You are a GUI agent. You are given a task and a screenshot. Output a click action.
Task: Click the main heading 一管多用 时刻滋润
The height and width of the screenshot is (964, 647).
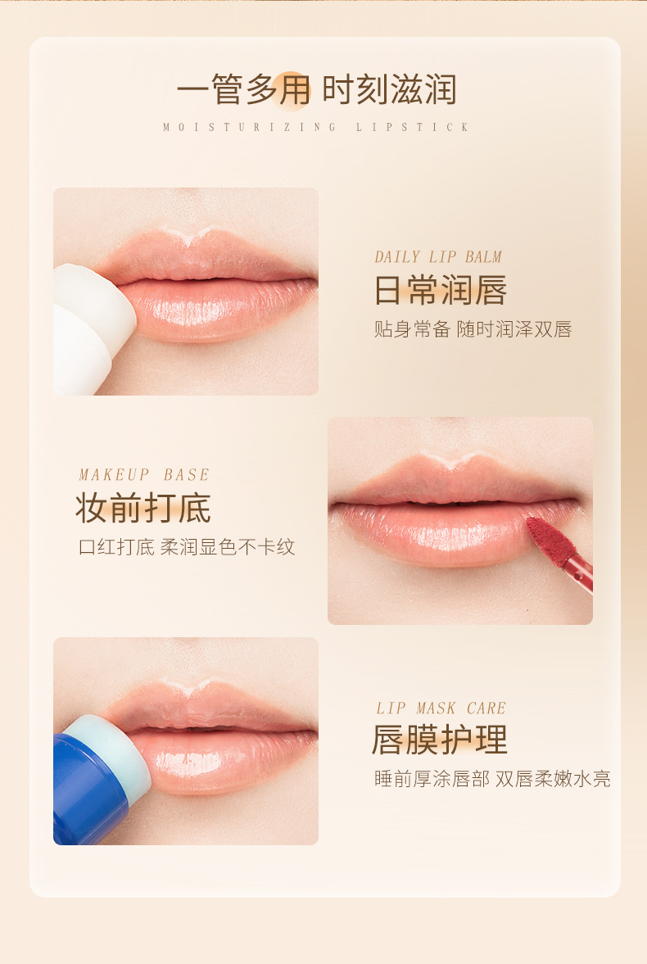(316, 90)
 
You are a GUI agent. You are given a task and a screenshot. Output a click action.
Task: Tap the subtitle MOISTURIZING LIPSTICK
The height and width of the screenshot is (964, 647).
(316, 127)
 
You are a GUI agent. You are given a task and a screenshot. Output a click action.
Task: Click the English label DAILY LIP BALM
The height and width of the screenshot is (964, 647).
(438, 257)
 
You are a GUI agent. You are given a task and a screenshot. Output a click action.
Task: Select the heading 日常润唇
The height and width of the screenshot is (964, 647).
(441, 290)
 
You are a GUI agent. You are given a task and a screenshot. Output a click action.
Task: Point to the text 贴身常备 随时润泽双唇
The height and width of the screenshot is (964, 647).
(473, 329)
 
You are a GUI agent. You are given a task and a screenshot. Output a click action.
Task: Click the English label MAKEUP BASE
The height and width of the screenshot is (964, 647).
(144, 474)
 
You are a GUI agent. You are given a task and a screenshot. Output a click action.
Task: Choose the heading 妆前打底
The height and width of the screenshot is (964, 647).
(143, 508)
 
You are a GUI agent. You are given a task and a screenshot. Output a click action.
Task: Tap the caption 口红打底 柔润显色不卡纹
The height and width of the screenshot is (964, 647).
(187, 546)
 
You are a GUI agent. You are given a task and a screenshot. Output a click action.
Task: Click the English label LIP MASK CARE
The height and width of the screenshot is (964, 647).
(441, 708)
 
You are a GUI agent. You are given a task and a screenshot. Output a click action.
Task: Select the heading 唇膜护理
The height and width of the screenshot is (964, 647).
(440, 740)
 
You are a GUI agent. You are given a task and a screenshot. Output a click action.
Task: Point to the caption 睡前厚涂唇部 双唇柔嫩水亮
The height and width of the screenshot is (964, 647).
(493, 779)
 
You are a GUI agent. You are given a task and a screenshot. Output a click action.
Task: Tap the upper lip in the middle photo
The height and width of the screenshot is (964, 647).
(455, 479)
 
